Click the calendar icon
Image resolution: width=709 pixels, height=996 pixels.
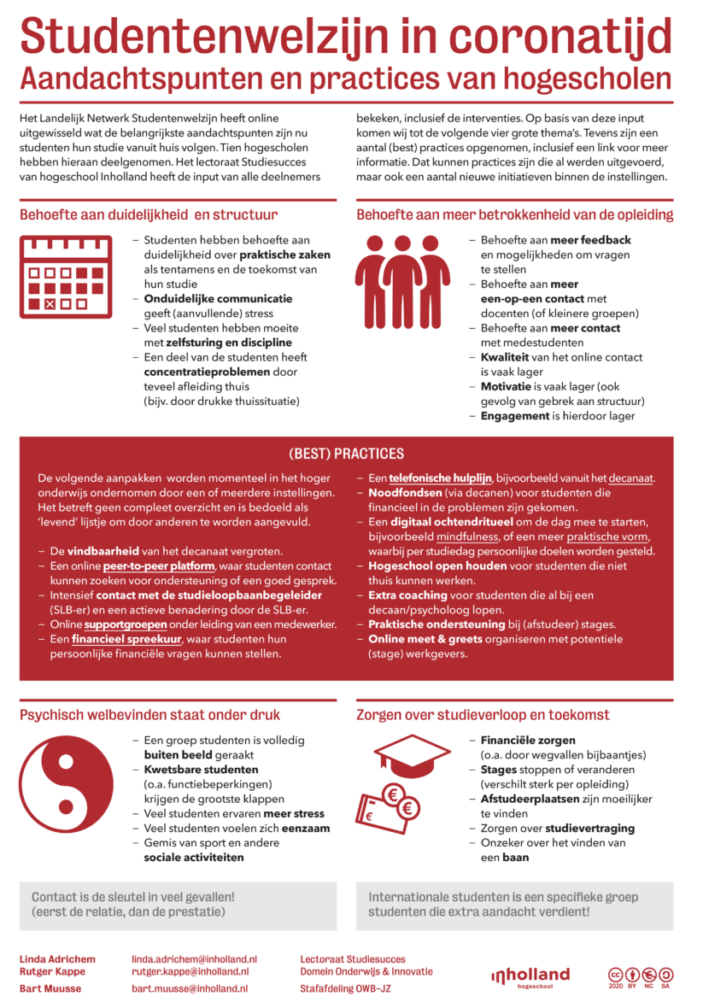pos(66,278)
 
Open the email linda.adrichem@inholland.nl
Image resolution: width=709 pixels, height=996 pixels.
pos(194,959)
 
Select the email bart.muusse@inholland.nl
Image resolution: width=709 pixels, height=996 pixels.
pos(190,987)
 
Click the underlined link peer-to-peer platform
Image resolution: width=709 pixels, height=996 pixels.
pos(160,565)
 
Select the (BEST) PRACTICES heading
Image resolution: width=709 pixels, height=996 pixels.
pos(346,454)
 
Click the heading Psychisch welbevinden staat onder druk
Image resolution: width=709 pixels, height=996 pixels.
pos(149,714)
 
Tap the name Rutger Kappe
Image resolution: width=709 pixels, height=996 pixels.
pos(53,972)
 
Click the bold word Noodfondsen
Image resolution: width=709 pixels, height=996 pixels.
pos(405,493)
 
